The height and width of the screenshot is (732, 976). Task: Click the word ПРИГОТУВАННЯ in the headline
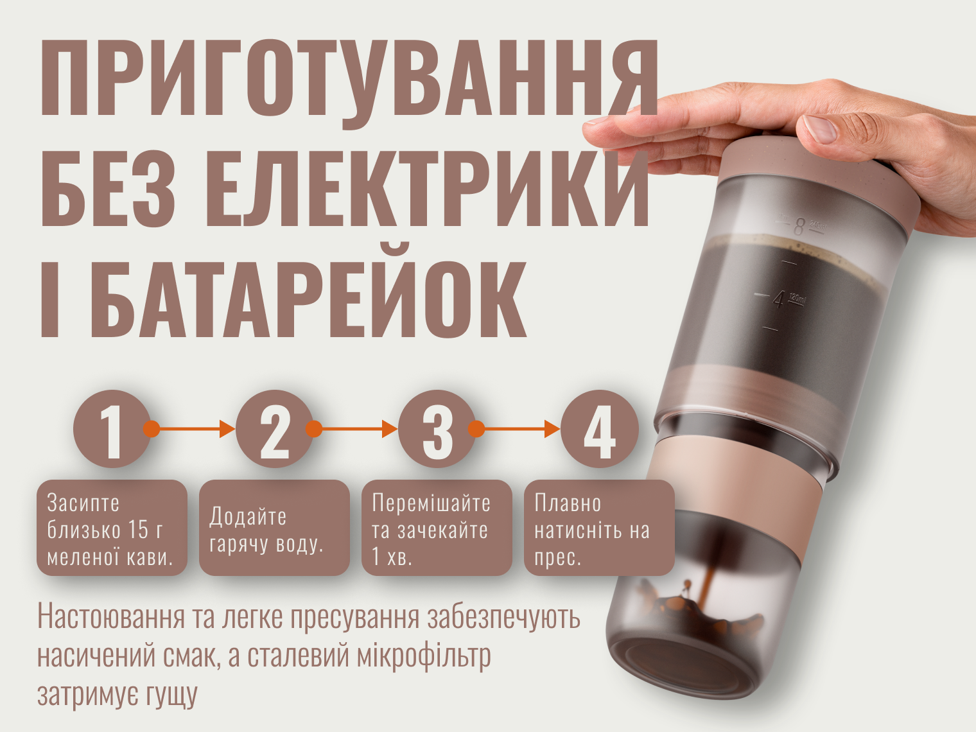point(349,79)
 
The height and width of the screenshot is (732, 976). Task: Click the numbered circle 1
point(112,428)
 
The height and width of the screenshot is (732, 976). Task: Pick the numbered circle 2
point(274,428)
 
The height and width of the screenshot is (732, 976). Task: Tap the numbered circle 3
point(437,428)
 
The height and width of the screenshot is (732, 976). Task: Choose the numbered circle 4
point(599,428)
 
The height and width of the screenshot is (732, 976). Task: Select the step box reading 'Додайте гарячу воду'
point(274,528)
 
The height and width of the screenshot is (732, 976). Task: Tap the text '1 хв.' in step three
point(392,557)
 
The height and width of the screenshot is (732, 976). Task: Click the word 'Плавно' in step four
point(568,503)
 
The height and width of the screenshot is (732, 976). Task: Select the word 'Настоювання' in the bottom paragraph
point(110,617)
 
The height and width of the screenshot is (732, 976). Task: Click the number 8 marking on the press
point(799,227)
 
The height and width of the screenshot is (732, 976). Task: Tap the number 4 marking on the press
point(778,300)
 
